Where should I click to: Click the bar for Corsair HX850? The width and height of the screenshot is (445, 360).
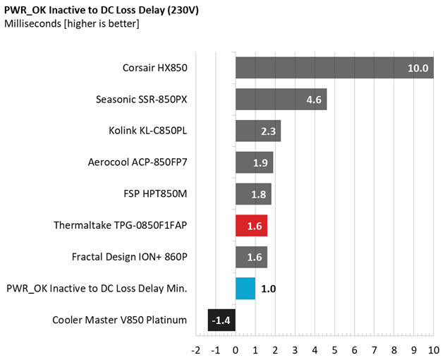(334, 68)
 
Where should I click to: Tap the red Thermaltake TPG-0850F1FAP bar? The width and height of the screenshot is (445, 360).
(251, 226)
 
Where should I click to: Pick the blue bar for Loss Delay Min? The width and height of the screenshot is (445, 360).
(245, 289)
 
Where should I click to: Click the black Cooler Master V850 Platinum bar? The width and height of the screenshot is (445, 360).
(221, 320)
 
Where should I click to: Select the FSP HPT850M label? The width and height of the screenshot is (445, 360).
(155, 194)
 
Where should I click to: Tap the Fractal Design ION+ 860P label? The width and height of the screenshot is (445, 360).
(130, 257)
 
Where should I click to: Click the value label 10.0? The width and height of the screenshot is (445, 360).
(417, 68)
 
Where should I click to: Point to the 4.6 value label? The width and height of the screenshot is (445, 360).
(314, 100)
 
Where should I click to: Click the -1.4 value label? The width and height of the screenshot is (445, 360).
(222, 320)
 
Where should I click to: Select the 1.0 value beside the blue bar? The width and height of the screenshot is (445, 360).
(269, 289)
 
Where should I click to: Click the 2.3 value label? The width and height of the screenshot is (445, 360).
(269, 131)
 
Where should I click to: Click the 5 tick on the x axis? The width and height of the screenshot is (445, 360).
(334, 349)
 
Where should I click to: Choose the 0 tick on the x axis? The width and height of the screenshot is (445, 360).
(236, 349)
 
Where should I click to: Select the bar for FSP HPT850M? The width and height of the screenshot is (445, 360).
(253, 194)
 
